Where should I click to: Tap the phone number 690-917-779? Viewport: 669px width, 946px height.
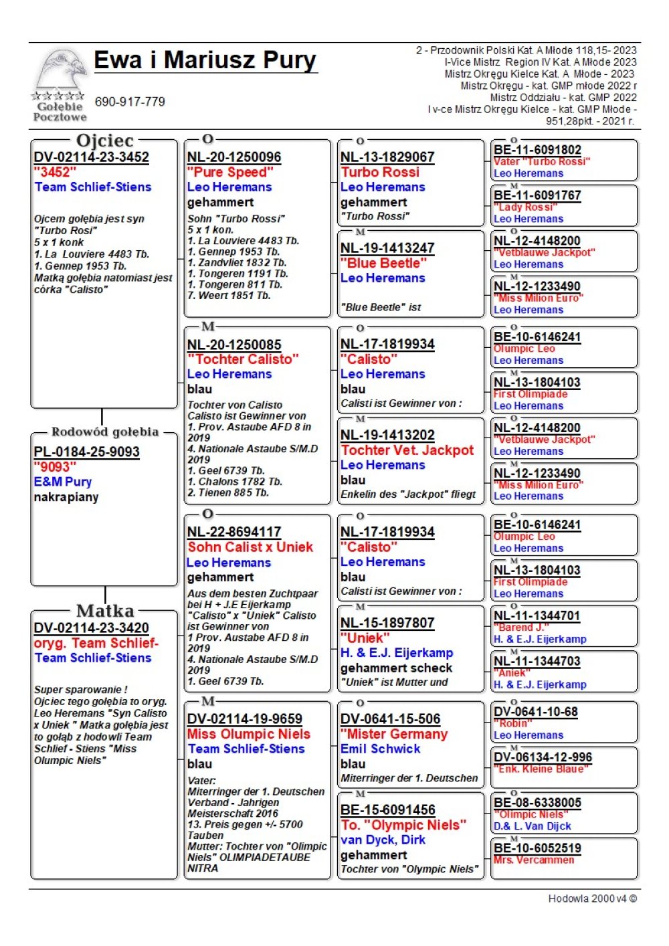(x=130, y=102)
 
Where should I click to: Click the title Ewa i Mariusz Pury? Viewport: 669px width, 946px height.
(x=205, y=60)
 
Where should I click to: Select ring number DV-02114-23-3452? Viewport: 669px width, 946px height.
(x=92, y=157)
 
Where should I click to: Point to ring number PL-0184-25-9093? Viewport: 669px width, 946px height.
(x=87, y=452)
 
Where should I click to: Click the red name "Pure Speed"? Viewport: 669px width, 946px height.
(x=230, y=172)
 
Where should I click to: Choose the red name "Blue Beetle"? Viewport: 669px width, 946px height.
(x=383, y=263)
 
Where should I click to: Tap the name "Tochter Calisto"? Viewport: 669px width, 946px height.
(x=243, y=359)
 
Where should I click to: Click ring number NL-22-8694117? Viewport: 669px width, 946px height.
(x=234, y=532)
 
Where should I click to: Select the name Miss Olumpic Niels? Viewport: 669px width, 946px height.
(x=249, y=734)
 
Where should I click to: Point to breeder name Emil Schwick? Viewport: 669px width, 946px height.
(x=380, y=749)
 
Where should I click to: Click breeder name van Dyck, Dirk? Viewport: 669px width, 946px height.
(x=383, y=840)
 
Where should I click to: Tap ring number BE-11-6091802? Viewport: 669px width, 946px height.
(x=537, y=150)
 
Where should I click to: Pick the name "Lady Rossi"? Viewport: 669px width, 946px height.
(x=525, y=207)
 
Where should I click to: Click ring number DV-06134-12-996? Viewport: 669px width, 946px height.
(x=543, y=757)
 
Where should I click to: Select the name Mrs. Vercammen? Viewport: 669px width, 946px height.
(x=533, y=860)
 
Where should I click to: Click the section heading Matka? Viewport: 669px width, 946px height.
(x=105, y=611)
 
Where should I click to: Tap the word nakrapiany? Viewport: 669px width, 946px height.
(x=66, y=497)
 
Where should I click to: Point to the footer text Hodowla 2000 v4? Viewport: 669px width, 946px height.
(x=592, y=898)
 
